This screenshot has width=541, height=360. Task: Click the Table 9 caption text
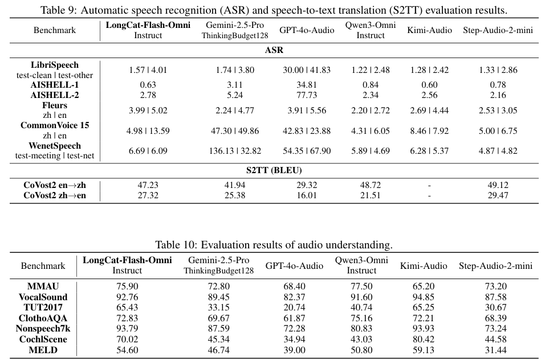click(x=274, y=10)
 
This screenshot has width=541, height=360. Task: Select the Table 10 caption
click(x=274, y=245)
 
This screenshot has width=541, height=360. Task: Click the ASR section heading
click(x=274, y=50)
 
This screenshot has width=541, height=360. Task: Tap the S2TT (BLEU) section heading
click(x=274, y=170)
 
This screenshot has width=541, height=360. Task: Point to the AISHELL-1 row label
click(x=55, y=85)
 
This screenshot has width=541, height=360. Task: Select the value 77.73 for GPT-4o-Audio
click(x=307, y=95)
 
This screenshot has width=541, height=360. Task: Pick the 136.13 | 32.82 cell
click(x=235, y=151)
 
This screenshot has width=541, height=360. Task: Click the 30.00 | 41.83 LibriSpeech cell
click(x=307, y=70)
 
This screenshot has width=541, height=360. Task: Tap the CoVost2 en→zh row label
click(x=55, y=185)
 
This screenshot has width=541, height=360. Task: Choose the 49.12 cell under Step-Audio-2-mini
click(x=498, y=185)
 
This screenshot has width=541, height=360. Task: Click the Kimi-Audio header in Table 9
click(x=430, y=30)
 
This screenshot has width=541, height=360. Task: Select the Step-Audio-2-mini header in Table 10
click(x=495, y=266)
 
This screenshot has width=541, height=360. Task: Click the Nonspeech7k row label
click(x=43, y=329)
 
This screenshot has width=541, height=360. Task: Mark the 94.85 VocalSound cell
click(x=424, y=297)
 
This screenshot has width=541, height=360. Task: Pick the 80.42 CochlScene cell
click(x=424, y=339)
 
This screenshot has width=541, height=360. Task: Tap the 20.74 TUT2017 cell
click(x=294, y=308)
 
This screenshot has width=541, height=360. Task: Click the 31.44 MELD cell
click(x=495, y=350)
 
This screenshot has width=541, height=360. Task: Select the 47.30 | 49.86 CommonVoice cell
click(x=235, y=131)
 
